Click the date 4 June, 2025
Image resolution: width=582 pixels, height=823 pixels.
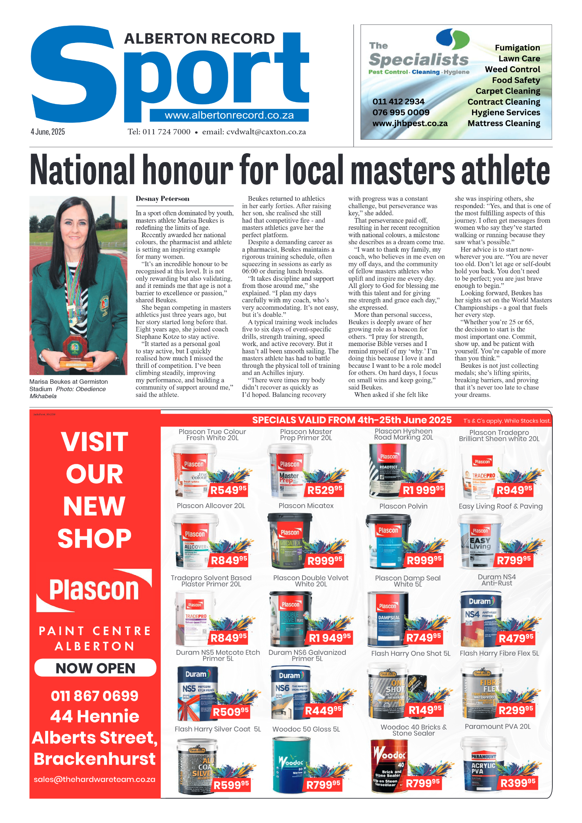tap(48, 132)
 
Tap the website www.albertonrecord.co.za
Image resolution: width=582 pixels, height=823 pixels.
tap(229, 115)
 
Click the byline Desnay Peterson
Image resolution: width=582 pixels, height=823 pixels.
tap(163, 199)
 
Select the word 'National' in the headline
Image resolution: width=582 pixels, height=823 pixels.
tap(83, 170)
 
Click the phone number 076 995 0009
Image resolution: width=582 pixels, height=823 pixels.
tap(401, 112)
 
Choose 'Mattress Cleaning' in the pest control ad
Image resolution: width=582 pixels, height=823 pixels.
tap(504, 123)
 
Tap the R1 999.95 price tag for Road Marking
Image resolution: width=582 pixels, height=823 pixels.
tap(423, 490)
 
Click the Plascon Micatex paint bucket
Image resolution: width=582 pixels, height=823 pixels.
tap(290, 540)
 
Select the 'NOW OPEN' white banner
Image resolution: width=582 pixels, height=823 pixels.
tap(95, 668)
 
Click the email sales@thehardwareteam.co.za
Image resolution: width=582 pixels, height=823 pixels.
tap(94, 779)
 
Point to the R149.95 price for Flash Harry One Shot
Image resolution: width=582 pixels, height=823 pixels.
tap(425, 710)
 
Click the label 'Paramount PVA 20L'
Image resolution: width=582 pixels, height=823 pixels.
tap(498, 726)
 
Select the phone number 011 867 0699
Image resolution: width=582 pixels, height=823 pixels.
tap(95, 696)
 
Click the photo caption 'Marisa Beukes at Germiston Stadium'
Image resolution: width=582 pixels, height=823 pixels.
tap(68, 385)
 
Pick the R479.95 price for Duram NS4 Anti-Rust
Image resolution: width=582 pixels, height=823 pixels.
tap(516, 638)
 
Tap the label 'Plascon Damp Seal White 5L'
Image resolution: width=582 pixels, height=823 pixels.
tap(408, 581)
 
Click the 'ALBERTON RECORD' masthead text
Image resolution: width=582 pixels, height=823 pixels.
tap(199, 38)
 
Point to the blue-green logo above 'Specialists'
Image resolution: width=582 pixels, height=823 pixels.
tap(452, 38)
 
